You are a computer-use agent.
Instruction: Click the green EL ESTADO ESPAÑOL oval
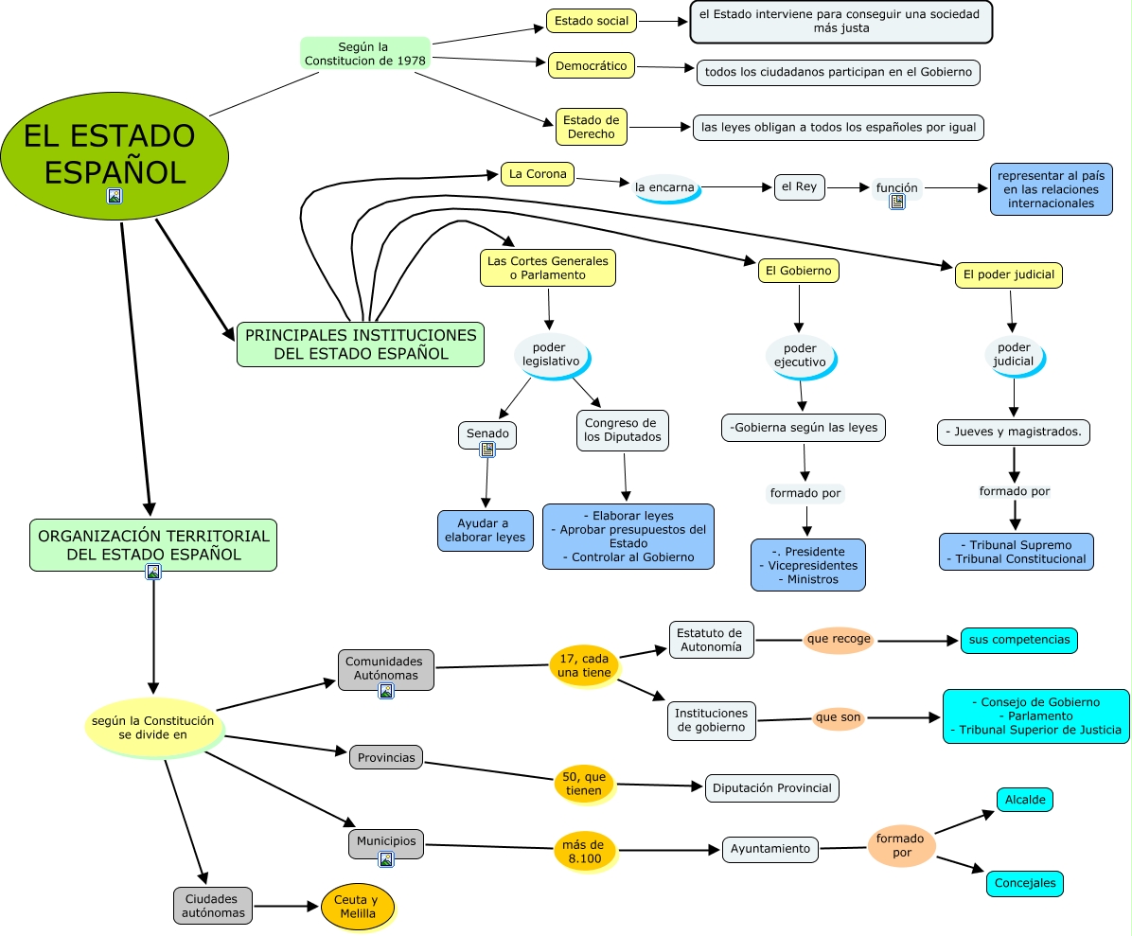tap(114, 153)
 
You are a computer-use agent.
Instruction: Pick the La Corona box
tap(537, 174)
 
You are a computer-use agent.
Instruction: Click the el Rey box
tap(799, 187)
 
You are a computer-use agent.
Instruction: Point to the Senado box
tap(487, 433)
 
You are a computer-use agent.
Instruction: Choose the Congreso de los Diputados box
tap(622, 430)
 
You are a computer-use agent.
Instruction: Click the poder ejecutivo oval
tap(800, 355)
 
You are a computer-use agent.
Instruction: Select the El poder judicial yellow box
tap(1007, 275)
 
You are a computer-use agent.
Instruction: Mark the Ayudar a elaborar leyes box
tap(485, 531)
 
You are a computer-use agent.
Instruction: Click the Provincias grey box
tap(385, 757)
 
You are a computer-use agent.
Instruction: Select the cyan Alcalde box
tap(1024, 800)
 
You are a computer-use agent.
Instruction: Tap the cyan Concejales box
tap(1024, 883)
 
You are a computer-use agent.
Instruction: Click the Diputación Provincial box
tap(771, 787)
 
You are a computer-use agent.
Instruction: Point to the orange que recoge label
tap(839, 639)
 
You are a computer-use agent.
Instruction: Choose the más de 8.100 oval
tap(584, 850)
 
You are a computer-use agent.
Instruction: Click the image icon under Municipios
tap(385, 859)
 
